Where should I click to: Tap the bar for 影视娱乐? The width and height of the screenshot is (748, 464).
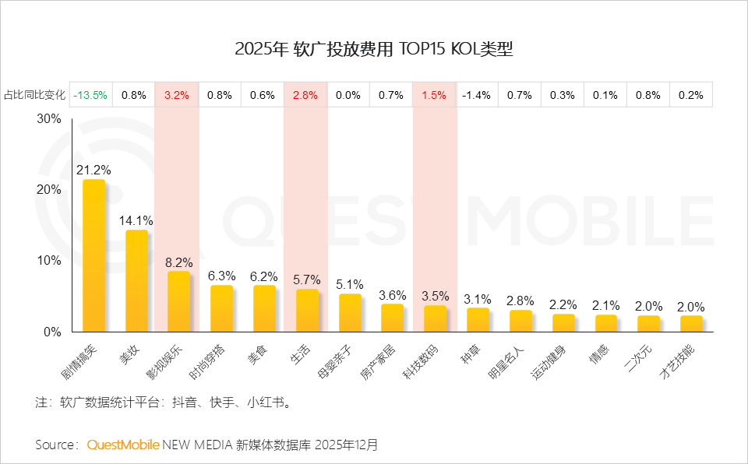(x=178, y=301)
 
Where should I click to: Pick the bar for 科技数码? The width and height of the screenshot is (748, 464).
(x=435, y=318)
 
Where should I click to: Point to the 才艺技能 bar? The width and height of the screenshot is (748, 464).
(x=691, y=323)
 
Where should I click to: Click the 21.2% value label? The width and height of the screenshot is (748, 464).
(x=93, y=169)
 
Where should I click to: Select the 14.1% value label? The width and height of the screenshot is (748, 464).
(x=136, y=220)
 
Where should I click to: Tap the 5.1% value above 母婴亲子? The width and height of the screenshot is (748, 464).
(x=350, y=283)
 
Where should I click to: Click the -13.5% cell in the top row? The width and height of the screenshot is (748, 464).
(x=90, y=95)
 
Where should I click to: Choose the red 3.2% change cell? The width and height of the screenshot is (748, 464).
(x=177, y=95)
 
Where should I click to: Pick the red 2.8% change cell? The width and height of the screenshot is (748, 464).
(x=305, y=95)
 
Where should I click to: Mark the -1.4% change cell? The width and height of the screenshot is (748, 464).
(x=476, y=95)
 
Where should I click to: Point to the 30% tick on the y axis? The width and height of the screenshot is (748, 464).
(x=48, y=119)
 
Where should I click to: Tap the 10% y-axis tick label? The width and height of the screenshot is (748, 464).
(x=48, y=261)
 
